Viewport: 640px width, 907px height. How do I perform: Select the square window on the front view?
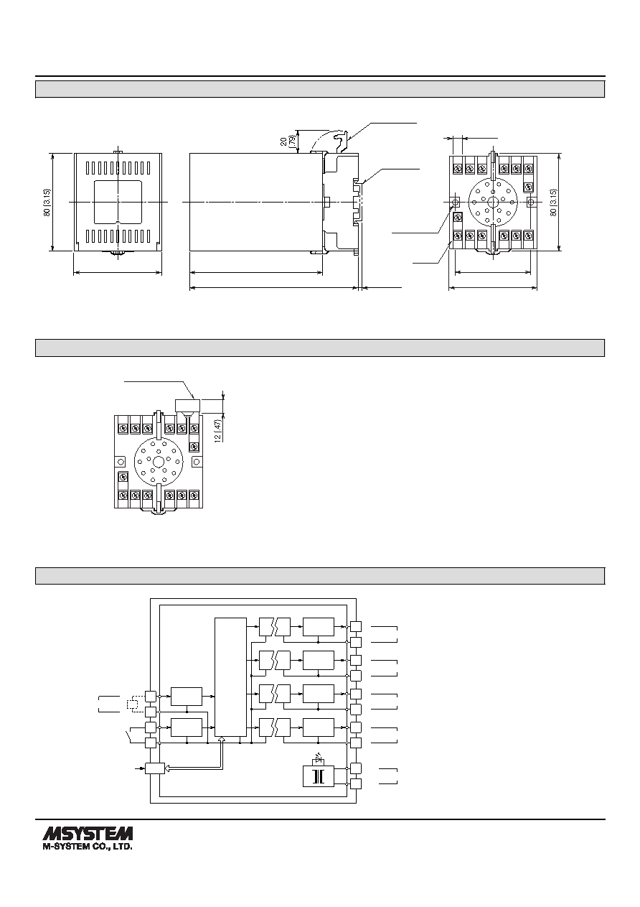[x=118, y=202]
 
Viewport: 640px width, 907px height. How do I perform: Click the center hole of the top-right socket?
[x=493, y=202]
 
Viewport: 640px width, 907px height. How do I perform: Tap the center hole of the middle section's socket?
[x=158, y=461]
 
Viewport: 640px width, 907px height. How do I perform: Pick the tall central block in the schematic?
[x=230, y=676]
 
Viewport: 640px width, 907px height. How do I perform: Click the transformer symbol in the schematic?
[x=319, y=776]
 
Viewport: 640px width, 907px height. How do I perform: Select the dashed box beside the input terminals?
[x=132, y=704]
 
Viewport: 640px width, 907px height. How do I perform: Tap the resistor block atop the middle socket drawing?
[x=188, y=405]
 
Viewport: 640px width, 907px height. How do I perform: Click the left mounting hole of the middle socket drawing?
[x=120, y=461]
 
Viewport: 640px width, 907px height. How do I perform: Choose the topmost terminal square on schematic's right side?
[x=356, y=626]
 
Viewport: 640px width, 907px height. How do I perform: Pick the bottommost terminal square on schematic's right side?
[x=356, y=783]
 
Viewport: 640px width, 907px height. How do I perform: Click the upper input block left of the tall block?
[x=187, y=696]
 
